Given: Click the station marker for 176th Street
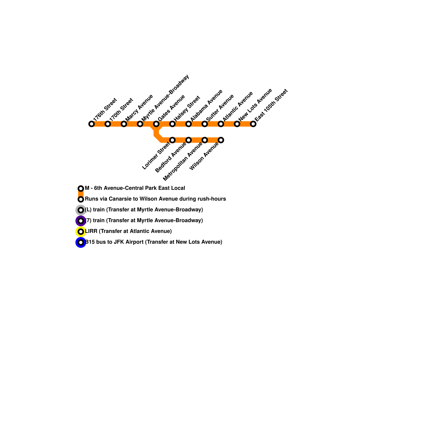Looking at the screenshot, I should pos(92,124).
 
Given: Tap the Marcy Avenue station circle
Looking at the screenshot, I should pos(124,124).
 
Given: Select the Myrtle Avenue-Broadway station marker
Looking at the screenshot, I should pos(140,124).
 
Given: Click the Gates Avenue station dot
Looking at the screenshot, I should pos(156,124).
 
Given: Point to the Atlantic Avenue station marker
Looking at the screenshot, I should pos(221,124).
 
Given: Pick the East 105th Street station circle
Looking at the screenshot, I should pos(253,124).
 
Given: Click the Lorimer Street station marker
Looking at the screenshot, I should pos(172,140).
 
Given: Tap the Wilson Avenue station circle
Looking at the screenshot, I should pos(221,140).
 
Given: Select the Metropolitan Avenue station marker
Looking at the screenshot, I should pos(205,140).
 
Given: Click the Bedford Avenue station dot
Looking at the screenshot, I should pos(189,140).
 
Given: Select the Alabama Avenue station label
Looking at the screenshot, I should pos(206,105).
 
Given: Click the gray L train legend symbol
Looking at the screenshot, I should pos(81,210).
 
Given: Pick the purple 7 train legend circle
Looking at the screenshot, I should pos(81,221).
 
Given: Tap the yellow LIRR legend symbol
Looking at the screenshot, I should pos(81,232).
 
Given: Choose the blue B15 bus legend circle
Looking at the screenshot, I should pos(81,242).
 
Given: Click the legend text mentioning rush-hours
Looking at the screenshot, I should pos(155,199).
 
